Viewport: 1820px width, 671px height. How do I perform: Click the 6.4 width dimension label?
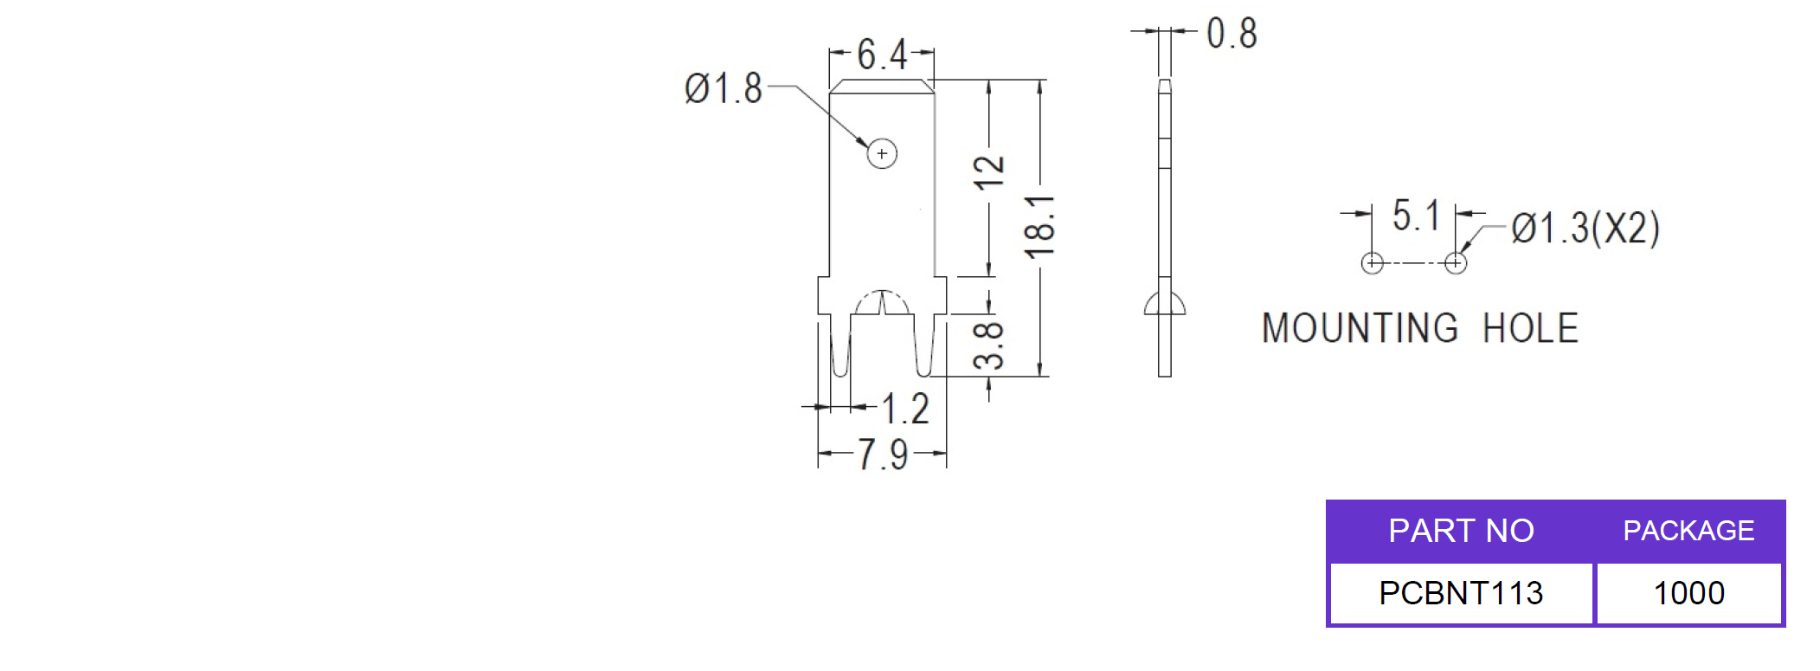[882, 55]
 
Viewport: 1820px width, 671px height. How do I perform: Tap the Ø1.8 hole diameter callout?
[723, 88]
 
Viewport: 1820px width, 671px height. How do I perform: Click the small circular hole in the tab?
[882, 154]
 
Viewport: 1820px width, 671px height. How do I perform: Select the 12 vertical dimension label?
[988, 173]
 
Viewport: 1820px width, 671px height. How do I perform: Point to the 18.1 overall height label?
[1039, 227]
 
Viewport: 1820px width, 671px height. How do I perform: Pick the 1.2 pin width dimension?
[905, 409]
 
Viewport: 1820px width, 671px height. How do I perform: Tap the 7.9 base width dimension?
[883, 455]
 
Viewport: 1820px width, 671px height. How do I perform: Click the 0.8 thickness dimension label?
[1232, 34]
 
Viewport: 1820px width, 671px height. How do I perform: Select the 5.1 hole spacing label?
[1416, 216]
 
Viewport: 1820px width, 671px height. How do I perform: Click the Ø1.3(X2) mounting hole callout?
[1585, 229]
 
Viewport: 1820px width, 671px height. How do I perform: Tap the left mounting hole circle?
[1373, 263]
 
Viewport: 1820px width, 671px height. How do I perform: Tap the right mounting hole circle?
[1456, 263]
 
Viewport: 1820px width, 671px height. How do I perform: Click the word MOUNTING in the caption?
[1360, 329]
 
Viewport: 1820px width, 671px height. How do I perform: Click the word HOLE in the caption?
[1530, 329]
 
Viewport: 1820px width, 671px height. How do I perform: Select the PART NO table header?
[1461, 531]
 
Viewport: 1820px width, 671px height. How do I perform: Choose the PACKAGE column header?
[1688, 531]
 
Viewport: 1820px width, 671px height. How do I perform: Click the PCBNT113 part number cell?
[1461, 593]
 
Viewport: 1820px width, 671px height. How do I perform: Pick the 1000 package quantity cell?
[1688, 593]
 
